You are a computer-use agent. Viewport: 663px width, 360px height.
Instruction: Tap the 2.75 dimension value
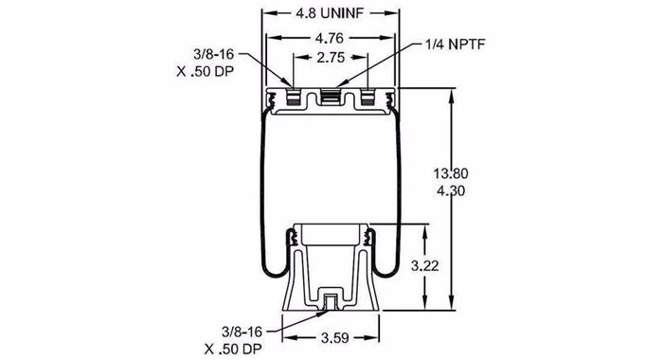coord(331,59)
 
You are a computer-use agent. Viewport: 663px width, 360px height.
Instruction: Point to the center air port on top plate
coord(331,98)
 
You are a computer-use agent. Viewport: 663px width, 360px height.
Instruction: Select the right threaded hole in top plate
coord(367,98)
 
